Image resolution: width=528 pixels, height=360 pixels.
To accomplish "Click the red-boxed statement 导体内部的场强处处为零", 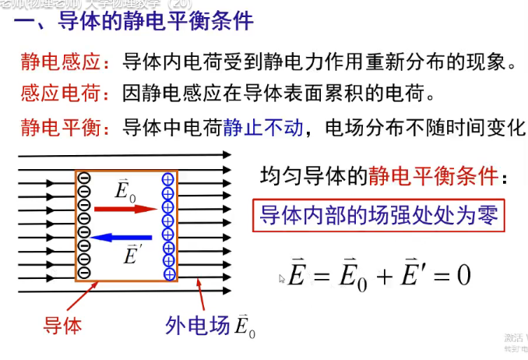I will pyautogui.click(x=378, y=214).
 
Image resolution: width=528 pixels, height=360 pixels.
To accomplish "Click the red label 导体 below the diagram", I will pyautogui.click(x=62, y=324).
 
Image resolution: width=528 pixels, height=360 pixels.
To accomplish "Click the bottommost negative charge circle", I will pyautogui.click(x=84, y=272).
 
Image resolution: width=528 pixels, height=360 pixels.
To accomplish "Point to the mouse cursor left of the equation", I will pyautogui.click(x=282, y=277).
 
